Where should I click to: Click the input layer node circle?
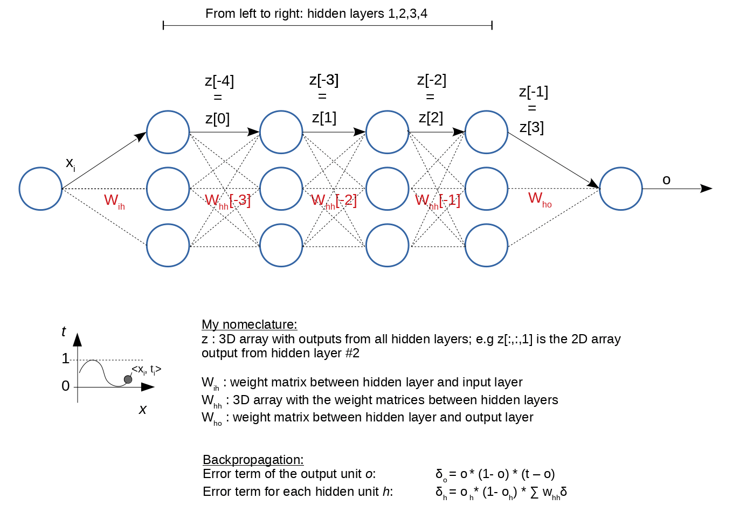[41, 189]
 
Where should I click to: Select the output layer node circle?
[621, 189]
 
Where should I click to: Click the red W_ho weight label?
[540, 199]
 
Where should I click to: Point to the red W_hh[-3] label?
[227, 201]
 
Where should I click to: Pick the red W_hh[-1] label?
[438, 201]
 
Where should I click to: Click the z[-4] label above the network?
[219, 81]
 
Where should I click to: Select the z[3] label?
[531, 128]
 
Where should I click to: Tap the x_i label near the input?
[70, 163]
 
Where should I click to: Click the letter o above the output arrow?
[666, 180]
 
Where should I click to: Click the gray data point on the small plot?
[128, 379]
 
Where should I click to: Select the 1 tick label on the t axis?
[66, 358]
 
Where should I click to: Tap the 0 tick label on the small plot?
[66, 386]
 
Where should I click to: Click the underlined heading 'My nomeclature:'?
[249, 324]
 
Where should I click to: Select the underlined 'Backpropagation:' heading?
[253, 460]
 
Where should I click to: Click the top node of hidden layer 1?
[168, 132]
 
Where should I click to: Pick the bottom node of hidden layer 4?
[486, 245]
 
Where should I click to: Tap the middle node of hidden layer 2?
[281, 189]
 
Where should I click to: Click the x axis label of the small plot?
[143, 410]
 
